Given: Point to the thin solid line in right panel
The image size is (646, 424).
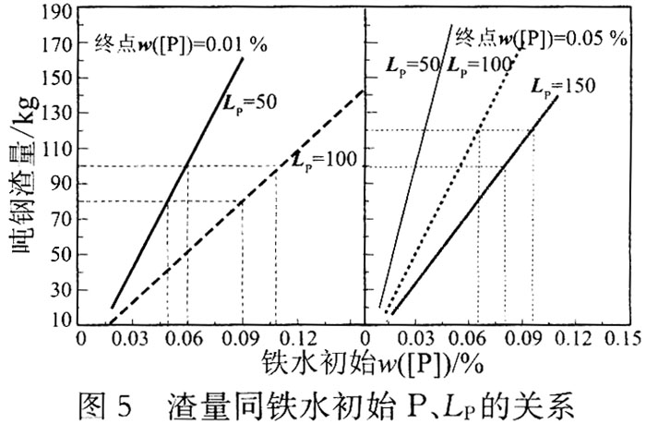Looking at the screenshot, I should click(415, 166).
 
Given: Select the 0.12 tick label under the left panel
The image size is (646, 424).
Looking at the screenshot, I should click(299, 338).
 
